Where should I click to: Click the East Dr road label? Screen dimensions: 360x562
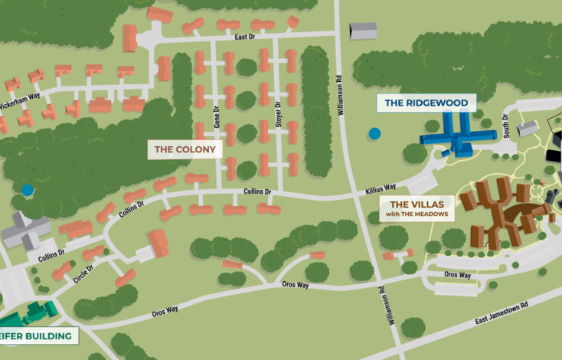[x=245, y=36]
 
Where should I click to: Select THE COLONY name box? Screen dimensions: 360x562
[x=185, y=149]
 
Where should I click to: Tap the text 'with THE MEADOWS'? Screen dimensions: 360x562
[x=417, y=214]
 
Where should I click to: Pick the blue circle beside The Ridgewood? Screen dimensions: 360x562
[x=374, y=133]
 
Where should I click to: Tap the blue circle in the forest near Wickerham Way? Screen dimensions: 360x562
[x=28, y=189]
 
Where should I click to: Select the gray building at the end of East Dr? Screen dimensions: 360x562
[x=363, y=31]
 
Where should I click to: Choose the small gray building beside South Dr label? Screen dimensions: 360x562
[x=528, y=128]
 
